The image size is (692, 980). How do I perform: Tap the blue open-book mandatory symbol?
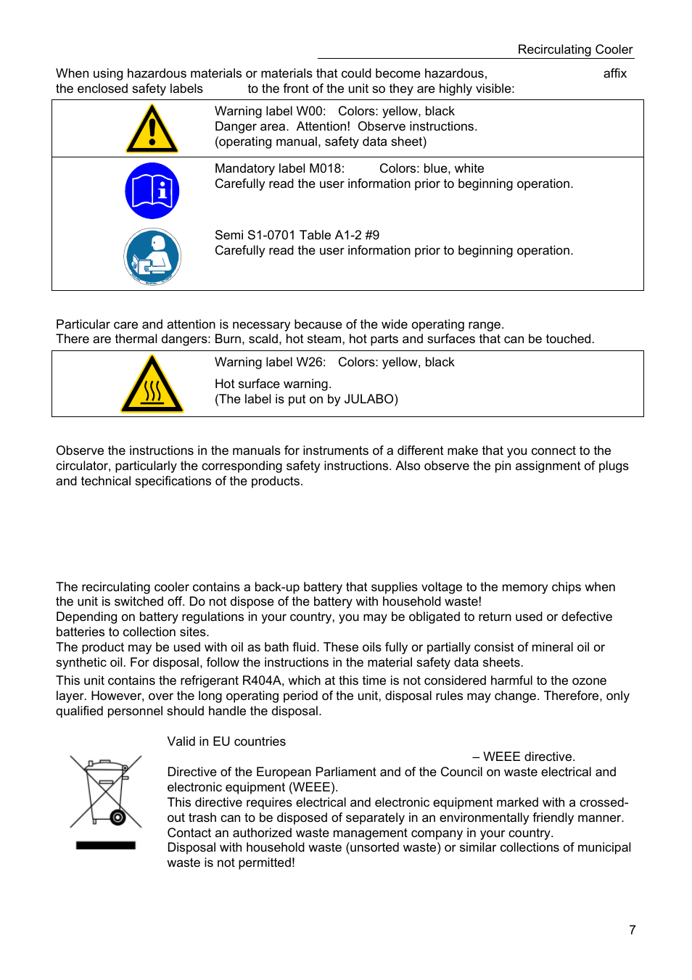[x=152, y=191]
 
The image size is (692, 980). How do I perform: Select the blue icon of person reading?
[x=152, y=257]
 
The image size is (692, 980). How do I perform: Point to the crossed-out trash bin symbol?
[x=106, y=791]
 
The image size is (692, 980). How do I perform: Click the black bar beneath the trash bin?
[x=106, y=845]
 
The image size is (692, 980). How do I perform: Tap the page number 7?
[x=632, y=930]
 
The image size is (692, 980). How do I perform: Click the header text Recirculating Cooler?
[x=574, y=49]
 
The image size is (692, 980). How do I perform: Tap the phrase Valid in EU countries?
[x=226, y=741]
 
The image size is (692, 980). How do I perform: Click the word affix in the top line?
[x=614, y=73]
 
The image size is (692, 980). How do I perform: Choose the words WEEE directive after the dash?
[x=529, y=757]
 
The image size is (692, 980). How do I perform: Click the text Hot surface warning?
[x=273, y=384]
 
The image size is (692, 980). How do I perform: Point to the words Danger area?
[x=250, y=126]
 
